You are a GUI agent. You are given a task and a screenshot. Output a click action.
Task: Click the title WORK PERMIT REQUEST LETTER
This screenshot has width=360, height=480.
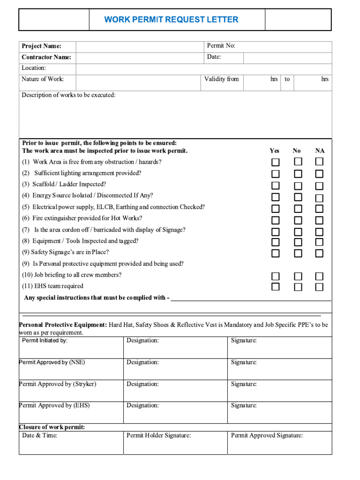[x=171, y=20]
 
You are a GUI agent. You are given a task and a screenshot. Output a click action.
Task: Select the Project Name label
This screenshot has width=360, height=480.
[x=41, y=46]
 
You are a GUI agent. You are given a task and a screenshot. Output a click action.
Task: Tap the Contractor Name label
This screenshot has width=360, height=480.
[x=46, y=57]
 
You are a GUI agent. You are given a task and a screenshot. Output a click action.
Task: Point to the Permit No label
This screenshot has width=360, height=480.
[x=221, y=45]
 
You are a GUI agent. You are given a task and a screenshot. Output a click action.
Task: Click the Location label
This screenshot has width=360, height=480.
[x=34, y=68]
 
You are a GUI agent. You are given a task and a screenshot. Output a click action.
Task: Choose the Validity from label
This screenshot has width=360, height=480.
[x=221, y=79]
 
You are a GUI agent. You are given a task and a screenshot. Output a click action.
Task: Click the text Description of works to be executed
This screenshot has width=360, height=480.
[x=68, y=95]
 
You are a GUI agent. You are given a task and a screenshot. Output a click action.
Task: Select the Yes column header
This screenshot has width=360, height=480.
[x=275, y=151]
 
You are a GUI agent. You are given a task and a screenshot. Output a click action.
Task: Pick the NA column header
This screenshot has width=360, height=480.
[x=320, y=151]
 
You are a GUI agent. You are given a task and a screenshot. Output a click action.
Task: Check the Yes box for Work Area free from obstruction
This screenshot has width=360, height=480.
[x=276, y=162]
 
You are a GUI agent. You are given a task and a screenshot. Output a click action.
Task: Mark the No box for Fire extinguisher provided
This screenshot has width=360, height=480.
[x=298, y=220]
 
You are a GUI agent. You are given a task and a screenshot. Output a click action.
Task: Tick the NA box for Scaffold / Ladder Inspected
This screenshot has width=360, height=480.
[x=319, y=186]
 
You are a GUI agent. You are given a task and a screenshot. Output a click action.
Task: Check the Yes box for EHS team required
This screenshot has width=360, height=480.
[x=276, y=287]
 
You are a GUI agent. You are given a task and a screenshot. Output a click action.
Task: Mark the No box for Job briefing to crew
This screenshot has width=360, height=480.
[x=298, y=276]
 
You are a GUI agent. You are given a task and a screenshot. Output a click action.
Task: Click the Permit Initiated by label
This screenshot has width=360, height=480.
[x=45, y=341]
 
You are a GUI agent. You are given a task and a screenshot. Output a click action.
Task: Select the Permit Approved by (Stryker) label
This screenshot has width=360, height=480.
[x=58, y=384]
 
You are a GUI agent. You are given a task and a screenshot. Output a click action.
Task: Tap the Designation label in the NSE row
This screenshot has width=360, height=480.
[x=142, y=362]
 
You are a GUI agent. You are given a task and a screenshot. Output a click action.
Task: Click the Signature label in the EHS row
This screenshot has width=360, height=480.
[x=244, y=405]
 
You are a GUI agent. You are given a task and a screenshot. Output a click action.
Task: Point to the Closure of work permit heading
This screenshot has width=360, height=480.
[x=52, y=427]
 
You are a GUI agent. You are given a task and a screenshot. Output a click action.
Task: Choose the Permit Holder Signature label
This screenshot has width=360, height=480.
[x=158, y=435]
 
